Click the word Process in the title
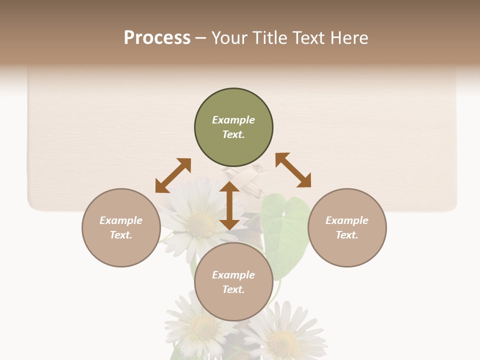157,38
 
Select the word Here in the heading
349,38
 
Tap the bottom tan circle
233,302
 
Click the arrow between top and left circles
173,175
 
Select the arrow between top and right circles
293,170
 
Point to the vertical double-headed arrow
229,205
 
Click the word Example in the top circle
233,120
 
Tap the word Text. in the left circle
121,235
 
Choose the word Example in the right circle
347,220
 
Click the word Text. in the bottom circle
233,289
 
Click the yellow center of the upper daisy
200,225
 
